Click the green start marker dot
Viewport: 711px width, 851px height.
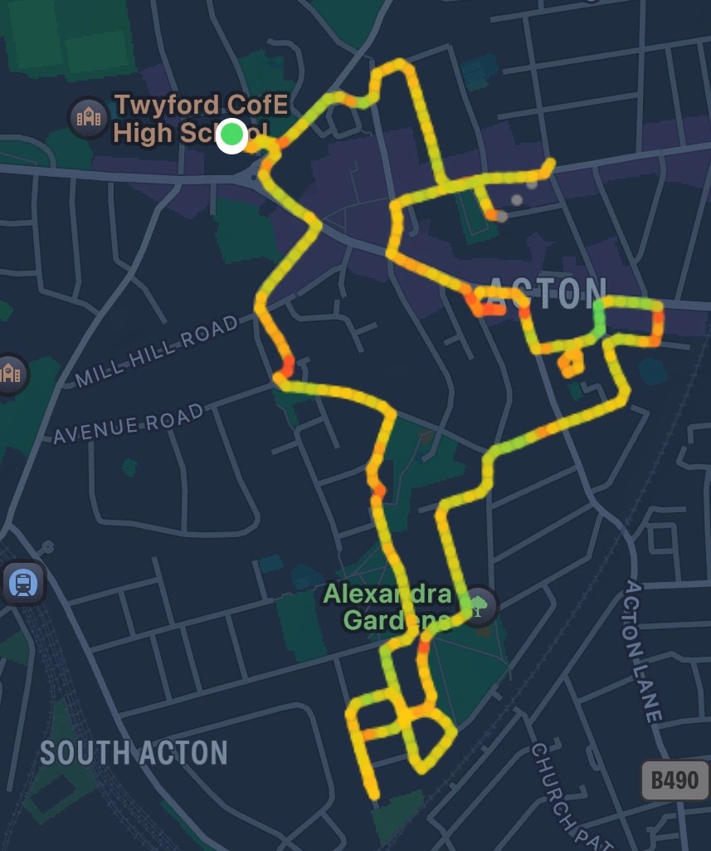coord(232,135)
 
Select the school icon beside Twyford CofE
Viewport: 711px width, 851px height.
coord(87,117)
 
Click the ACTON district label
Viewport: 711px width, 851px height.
coord(548,291)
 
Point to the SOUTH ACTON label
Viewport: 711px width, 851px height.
coord(134,753)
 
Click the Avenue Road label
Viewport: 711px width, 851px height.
coord(128,424)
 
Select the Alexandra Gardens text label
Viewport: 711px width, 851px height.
coord(387,607)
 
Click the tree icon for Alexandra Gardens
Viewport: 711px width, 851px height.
coord(479,604)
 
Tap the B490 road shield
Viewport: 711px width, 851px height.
coord(674,780)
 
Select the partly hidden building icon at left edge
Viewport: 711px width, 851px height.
coord(10,373)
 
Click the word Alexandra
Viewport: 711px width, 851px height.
coord(387,594)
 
